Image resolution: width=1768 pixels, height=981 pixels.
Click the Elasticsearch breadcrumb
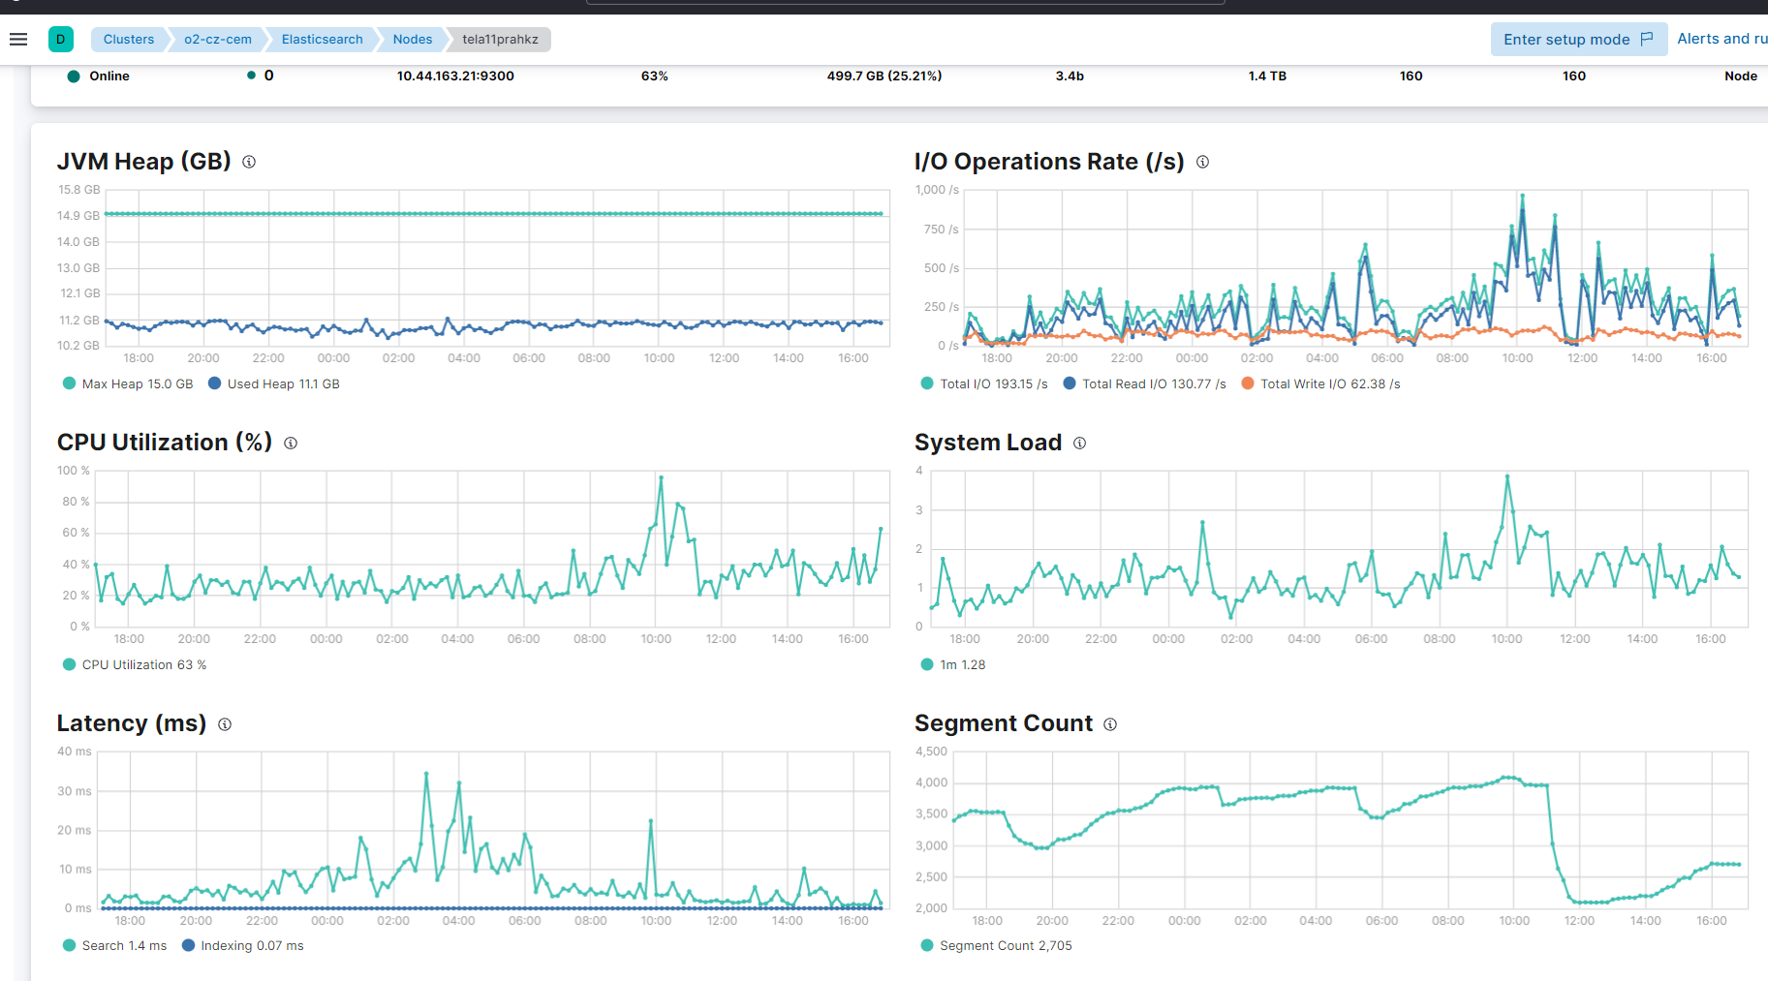(x=322, y=40)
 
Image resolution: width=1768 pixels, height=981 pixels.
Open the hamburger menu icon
(x=18, y=40)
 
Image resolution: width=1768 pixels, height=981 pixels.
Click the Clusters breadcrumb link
(x=129, y=40)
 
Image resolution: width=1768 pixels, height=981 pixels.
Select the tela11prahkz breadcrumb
(x=500, y=40)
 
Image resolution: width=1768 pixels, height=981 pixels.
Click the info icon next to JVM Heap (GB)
(x=249, y=162)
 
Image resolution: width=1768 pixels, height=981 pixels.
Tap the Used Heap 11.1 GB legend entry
(x=274, y=384)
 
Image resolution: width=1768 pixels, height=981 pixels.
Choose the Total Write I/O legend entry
(x=1321, y=384)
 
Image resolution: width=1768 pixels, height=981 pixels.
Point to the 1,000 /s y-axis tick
(x=937, y=190)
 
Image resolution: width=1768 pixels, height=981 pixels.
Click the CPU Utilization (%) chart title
(x=164, y=443)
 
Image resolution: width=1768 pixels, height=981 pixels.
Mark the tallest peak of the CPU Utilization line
(x=661, y=476)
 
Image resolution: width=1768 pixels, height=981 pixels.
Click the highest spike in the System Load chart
(x=1507, y=475)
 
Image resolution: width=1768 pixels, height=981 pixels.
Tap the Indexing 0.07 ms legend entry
(x=243, y=946)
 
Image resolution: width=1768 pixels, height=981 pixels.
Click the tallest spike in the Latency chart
(x=426, y=773)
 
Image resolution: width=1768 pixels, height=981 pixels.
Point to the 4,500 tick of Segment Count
(x=931, y=751)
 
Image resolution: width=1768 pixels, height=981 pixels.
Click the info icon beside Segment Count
(x=1110, y=724)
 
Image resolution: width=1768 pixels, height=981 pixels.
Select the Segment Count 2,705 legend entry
(x=997, y=946)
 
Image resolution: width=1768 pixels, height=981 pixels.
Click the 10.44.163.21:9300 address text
(x=455, y=77)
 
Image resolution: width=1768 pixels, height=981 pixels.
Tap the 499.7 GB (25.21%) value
(x=884, y=77)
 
